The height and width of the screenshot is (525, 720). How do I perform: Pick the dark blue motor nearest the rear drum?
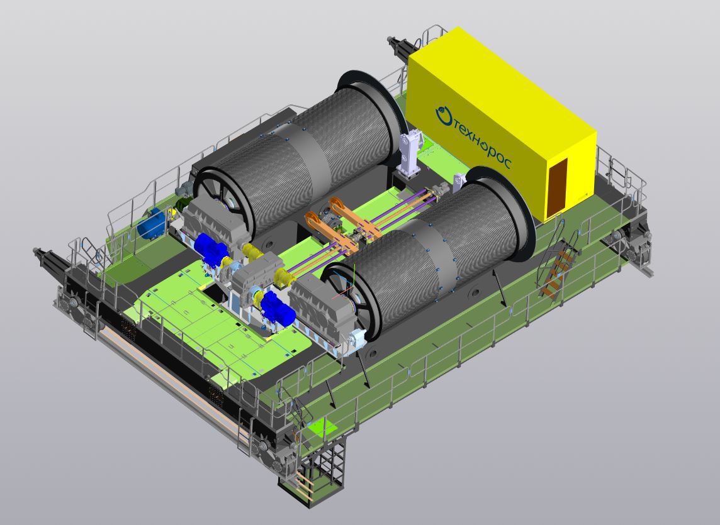[x=210, y=250]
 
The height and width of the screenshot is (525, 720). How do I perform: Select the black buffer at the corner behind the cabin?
[x=399, y=47]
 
